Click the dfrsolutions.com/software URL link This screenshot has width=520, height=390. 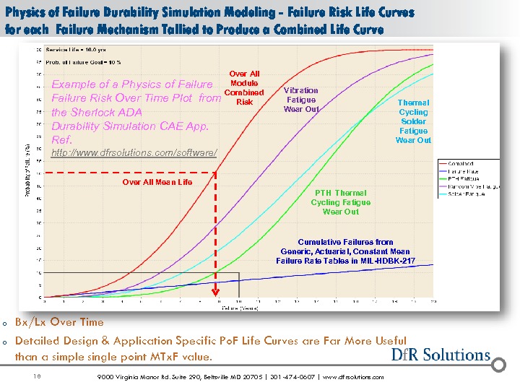point(134,154)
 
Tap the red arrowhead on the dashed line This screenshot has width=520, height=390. point(215,292)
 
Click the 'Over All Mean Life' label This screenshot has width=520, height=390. point(157,182)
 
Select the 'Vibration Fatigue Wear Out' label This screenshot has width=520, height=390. point(301,100)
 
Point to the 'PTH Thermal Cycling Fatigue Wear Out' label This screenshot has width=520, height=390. point(341,202)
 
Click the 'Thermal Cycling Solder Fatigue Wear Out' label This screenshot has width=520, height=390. point(413,121)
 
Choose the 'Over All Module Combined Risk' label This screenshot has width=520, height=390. point(244,87)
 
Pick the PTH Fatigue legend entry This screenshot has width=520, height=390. point(462,178)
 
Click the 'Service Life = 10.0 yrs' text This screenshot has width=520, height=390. point(70,50)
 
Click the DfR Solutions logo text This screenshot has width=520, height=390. point(441,354)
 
